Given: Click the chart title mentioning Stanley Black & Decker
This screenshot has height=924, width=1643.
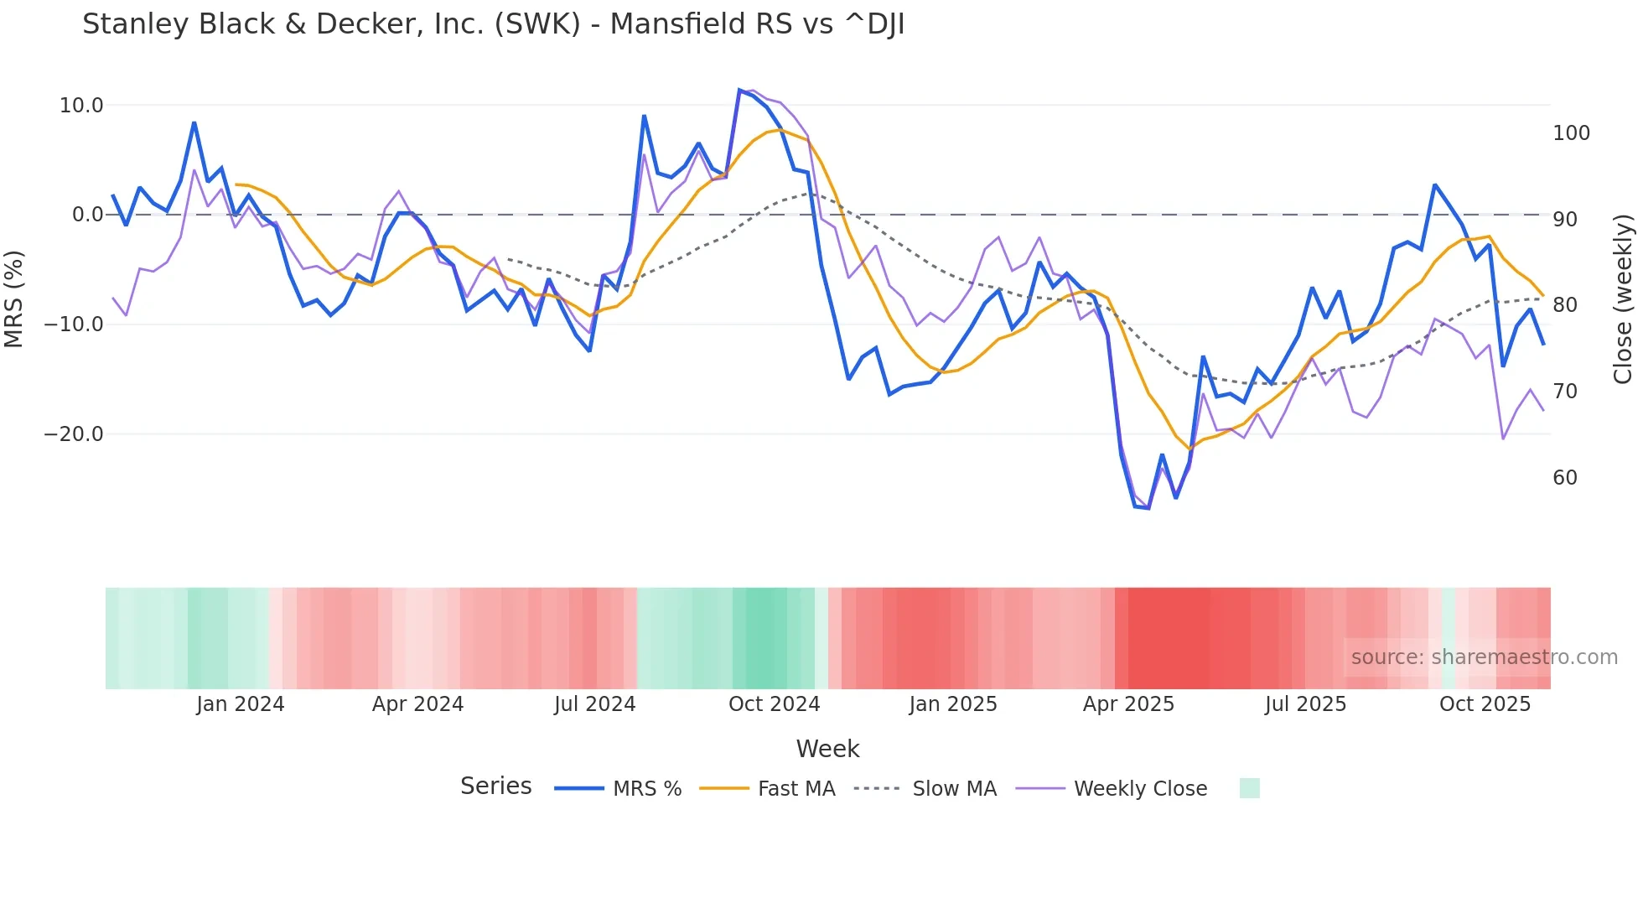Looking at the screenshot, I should pos(493,24).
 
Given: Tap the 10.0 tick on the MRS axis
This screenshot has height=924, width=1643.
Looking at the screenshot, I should pos(81,106).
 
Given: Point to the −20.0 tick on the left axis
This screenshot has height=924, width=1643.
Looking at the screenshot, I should pos(74,434).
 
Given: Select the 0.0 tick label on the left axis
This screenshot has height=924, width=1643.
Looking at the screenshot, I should pos(87,215).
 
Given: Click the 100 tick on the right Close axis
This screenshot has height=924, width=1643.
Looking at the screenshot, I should pos(1571,133).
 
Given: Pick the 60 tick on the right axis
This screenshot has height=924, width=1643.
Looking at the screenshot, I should pos(1565,478).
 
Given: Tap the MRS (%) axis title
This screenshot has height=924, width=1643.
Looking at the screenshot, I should pos(14,298).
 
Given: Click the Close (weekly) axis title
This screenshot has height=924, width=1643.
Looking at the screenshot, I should pos(1623,299).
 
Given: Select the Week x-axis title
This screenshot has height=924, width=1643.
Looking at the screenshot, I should pos(827,749).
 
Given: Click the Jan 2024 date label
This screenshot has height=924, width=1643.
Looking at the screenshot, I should pos(241,704).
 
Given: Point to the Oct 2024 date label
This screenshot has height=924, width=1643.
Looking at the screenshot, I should pos(774,704).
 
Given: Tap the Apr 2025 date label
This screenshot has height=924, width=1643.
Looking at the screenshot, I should pos(1128,704).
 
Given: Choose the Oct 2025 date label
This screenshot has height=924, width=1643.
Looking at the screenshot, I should pos(1485,704).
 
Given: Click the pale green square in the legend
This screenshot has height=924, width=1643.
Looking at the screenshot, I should pos(1249,788).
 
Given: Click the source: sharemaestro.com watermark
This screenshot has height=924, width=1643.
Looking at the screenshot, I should pos(1484,657).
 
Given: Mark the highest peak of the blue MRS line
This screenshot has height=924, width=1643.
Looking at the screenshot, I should pos(739,90).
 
